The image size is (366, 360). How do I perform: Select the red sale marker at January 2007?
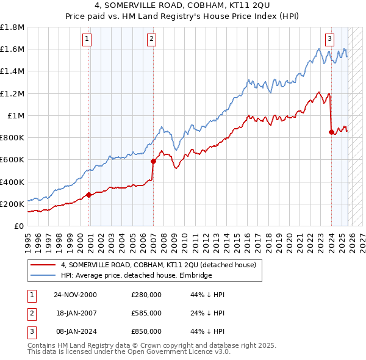(153, 161)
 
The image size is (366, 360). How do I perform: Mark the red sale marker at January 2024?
(331, 131)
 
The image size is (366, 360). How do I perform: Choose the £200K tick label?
(13, 204)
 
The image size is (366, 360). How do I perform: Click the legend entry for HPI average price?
(135, 275)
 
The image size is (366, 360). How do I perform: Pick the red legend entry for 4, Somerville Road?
(161, 265)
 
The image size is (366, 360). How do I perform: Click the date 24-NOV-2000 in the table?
(75, 295)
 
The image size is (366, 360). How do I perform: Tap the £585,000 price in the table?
(146, 313)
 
